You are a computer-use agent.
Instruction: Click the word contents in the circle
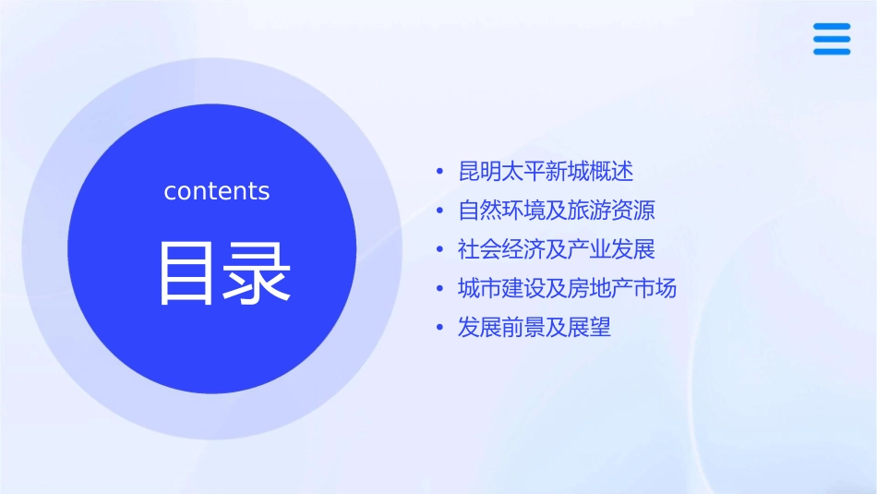coord(217,191)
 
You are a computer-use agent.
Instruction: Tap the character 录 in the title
coord(258,273)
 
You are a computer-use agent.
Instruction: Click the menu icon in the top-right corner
coord(832,39)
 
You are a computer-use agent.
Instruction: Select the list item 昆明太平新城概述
coord(546,172)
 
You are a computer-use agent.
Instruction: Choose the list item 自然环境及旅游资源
coord(557,211)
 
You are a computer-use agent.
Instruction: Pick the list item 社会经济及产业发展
coord(557,249)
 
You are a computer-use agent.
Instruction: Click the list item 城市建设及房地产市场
coord(567,288)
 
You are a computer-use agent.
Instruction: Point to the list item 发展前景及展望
coord(535,327)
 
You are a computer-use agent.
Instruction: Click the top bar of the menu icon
coord(832,27)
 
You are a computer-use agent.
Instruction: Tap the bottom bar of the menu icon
coord(832,52)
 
